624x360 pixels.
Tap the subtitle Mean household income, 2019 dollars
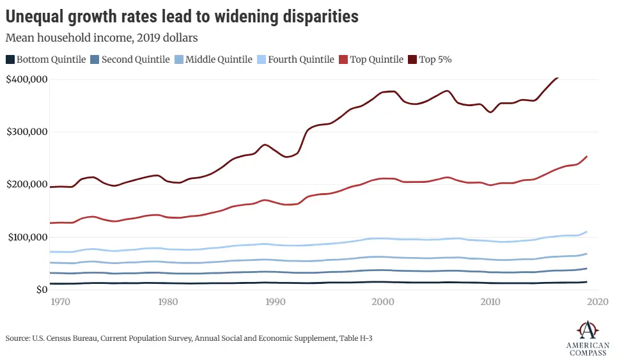[102, 38]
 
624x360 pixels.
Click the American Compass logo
[588, 338]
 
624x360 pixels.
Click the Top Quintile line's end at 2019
[587, 156]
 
